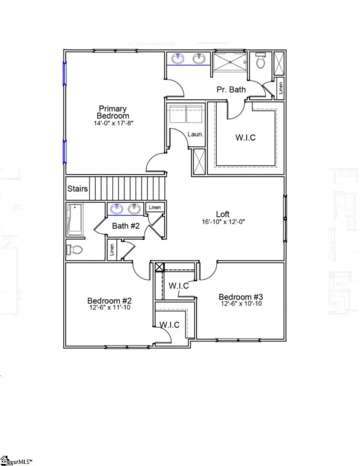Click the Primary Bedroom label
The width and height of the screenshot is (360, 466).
(113, 112)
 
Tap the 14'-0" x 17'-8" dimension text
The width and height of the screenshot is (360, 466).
(113, 123)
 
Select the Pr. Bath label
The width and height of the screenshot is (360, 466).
(231, 90)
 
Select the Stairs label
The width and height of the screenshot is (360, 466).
(78, 188)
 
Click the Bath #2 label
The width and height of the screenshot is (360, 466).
(126, 226)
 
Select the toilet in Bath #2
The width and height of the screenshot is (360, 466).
(75, 250)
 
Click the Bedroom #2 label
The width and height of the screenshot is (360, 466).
(110, 300)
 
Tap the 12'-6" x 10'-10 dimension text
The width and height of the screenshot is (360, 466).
(240, 304)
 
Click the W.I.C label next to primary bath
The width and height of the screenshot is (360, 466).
(245, 138)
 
